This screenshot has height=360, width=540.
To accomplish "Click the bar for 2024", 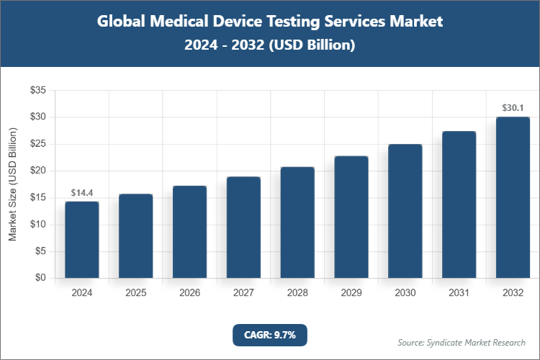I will (81, 240).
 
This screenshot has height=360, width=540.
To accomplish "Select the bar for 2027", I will (243, 228).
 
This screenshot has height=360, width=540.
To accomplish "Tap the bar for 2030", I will (405, 211).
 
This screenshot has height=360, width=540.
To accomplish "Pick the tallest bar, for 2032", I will (513, 197).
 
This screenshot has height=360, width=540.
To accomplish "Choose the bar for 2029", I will (351, 217).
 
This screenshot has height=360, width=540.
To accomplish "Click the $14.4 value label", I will (81, 193).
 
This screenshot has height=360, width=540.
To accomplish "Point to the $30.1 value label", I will (513, 108).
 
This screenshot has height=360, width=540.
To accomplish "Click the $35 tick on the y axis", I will (37, 91).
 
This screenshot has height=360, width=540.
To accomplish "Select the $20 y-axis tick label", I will (37, 171).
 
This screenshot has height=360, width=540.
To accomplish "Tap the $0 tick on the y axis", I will (40, 279).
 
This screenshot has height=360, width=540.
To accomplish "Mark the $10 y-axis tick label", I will (37, 225).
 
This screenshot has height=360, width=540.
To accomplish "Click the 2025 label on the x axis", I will (135, 293).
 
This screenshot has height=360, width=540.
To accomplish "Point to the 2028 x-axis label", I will (297, 293).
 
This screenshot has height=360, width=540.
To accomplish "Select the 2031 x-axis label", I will (459, 293).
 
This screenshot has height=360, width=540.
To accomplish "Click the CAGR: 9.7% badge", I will (269, 335).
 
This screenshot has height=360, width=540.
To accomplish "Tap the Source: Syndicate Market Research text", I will (462, 342).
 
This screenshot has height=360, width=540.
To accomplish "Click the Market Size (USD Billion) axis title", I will (12, 184).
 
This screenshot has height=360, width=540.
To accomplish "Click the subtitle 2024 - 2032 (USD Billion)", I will (269, 45).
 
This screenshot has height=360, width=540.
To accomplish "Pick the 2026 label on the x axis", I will (189, 293).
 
